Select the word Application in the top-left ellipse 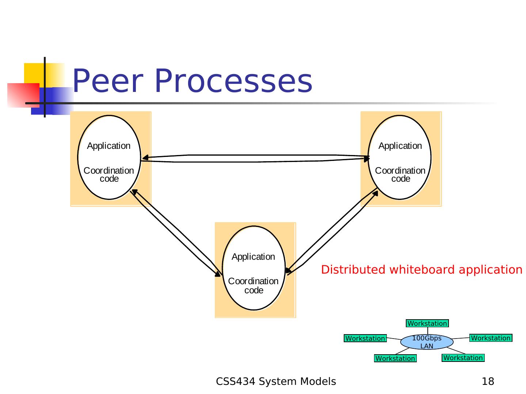[108, 146]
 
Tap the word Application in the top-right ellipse [400, 146]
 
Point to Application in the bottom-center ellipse [253, 257]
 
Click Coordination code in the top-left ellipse [109, 175]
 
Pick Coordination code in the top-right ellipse [400, 175]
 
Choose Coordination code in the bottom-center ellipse [254, 286]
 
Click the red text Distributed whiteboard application [422, 270]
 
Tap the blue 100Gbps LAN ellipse [427, 342]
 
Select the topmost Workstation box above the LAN [427, 324]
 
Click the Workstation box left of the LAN [365, 339]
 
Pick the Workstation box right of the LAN [491, 338]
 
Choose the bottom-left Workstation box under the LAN [395, 359]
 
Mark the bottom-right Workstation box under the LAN [463, 358]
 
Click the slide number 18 [488, 382]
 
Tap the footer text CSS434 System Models [276, 382]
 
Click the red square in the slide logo [23, 95]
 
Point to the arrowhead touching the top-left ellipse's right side [145, 158]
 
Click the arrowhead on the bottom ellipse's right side [289, 271]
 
